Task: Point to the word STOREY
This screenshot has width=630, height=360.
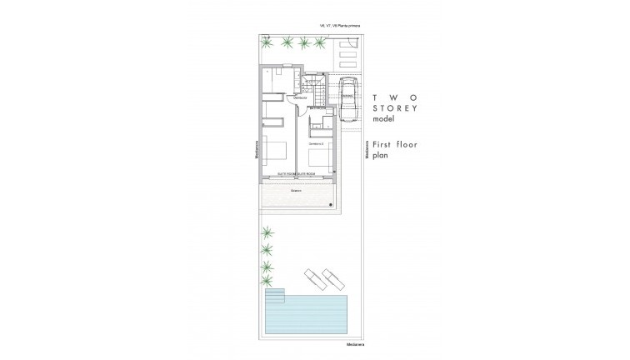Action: pyautogui.click(x=395, y=108)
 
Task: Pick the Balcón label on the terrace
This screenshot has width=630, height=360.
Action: pyautogui.click(x=295, y=190)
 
